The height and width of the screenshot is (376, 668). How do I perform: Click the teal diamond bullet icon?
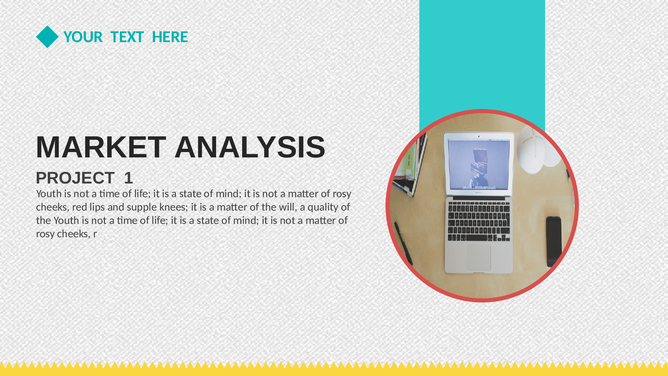pyautogui.click(x=47, y=37)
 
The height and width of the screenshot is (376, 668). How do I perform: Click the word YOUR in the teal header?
pyautogui.click(x=83, y=37)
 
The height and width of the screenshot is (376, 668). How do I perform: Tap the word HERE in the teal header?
pyautogui.click(x=170, y=37)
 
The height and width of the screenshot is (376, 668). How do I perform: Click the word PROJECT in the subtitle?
pyautogui.click(x=75, y=178)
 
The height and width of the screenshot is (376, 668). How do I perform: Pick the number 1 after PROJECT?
pyautogui.click(x=129, y=178)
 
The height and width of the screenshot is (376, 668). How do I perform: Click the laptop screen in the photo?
pyautogui.click(x=478, y=165)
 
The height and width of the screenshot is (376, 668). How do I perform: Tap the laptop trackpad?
pyautogui.click(x=479, y=257)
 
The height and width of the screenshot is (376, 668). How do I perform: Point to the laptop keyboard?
pyautogui.click(x=479, y=221)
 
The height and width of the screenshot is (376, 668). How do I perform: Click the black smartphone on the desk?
pyautogui.click(x=554, y=241)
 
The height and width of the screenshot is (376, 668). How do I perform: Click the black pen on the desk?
pyautogui.click(x=404, y=243)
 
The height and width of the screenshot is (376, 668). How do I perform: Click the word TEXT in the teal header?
pyautogui.click(x=127, y=37)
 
